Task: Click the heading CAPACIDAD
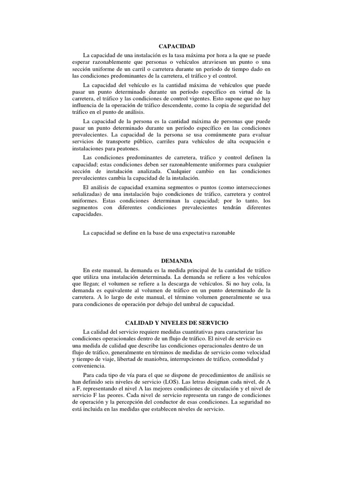(x=177, y=46)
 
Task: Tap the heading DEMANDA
(x=177, y=261)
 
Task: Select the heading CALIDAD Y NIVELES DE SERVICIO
(x=176, y=323)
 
